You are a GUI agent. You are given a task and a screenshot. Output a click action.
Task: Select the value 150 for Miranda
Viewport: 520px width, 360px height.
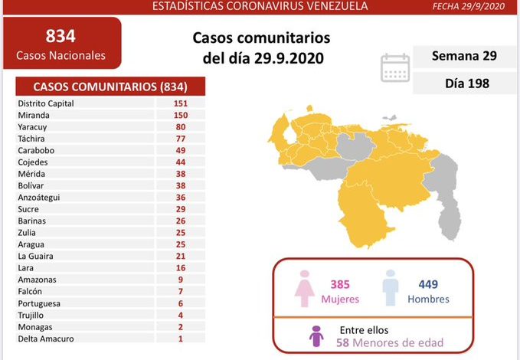point(180,113)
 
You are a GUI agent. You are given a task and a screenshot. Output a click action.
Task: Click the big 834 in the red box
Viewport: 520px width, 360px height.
point(61,36)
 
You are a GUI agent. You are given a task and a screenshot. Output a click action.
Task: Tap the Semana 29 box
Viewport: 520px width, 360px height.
point(463,56)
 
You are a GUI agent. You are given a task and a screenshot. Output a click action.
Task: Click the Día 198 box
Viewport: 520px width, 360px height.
point(463,82)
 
